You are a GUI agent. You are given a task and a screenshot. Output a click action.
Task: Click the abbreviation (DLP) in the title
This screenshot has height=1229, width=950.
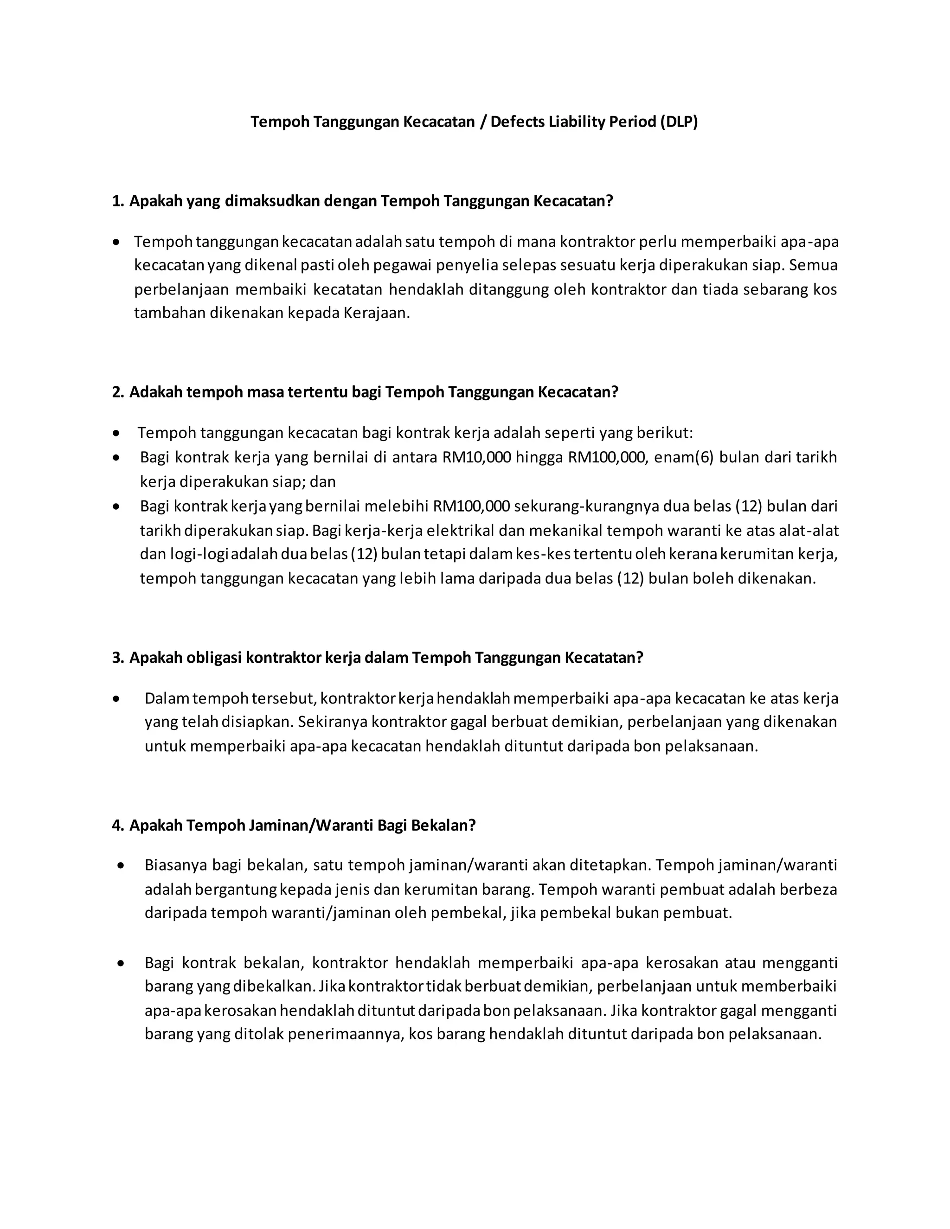tap(679, 122)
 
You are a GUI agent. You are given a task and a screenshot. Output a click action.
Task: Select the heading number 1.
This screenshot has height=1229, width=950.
tap(118, 201)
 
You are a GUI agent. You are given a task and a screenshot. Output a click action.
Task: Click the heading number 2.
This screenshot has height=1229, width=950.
tap(118, 392)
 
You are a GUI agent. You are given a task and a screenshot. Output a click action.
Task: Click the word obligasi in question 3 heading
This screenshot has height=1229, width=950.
tap(185, 658)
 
